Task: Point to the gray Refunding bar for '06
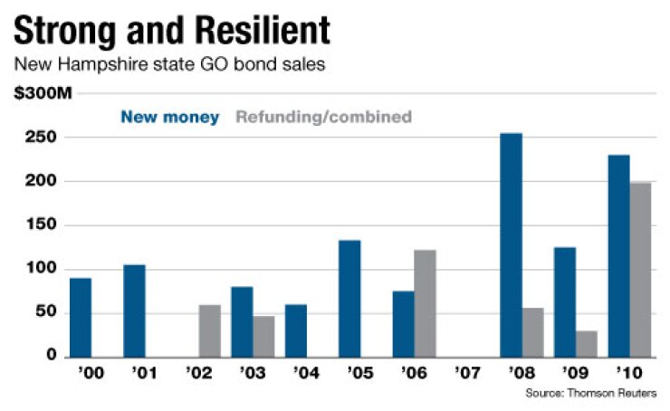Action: (426, 303)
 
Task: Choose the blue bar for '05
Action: (349, 298)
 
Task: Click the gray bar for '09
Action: (587, 343)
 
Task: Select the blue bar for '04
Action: (296, 330)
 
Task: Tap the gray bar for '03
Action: (263, 336)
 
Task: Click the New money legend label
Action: (170, 117)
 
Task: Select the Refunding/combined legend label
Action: (323, 117)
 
